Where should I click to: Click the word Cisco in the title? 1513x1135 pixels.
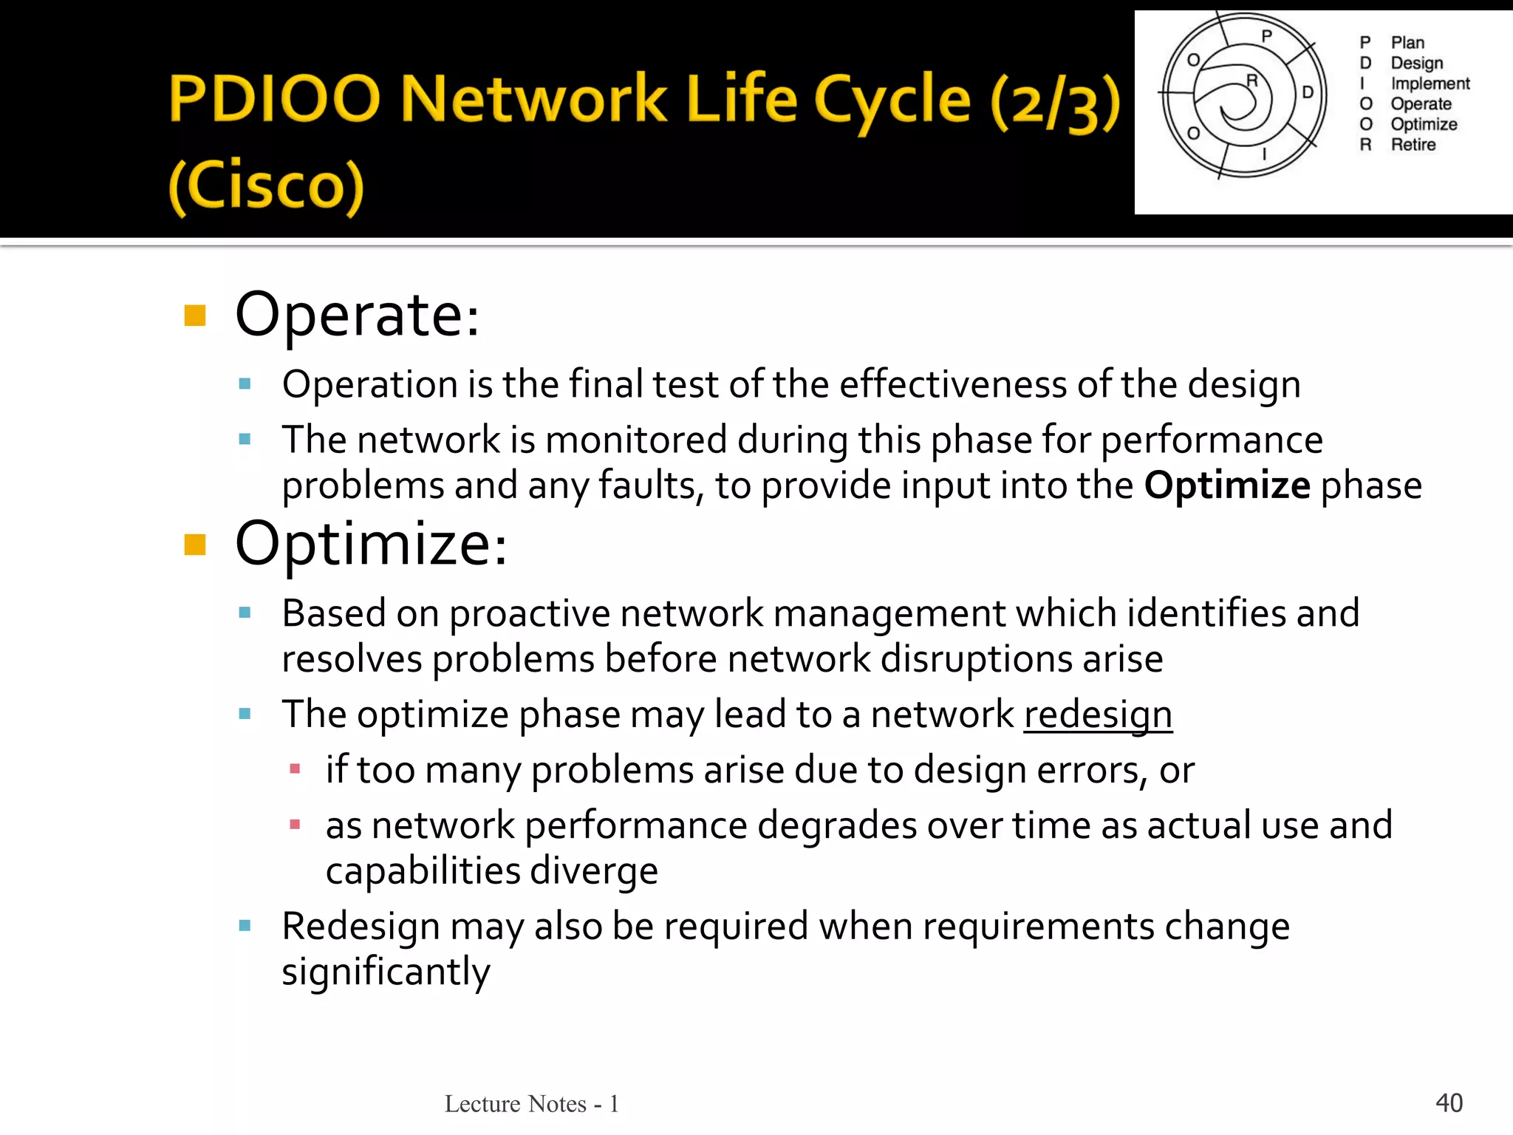point(267,185)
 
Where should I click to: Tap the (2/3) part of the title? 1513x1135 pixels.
point(1056,103)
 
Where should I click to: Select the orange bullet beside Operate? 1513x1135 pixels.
point(195,316)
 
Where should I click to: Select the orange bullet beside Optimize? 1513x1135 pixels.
point(195,545)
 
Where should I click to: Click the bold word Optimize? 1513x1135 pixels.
point(1227,485)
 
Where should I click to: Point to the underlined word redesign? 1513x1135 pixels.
point(1098,715)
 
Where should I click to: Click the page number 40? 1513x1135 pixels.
point(1449,1102)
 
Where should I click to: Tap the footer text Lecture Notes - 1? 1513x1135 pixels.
point(531,1103)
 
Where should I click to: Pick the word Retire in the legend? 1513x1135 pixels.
point(1413,145)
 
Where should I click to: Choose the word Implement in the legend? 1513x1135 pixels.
point(1430,83)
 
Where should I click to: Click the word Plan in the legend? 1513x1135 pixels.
point(1407,43)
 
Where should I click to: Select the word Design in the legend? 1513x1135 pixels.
point(1416,63)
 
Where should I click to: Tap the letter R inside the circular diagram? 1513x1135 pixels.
point(1251,80)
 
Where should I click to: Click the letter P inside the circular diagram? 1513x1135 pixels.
point(1266,35)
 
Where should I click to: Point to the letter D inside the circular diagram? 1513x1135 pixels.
point(1308,92)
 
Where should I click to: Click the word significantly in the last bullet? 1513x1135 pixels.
point(386,972)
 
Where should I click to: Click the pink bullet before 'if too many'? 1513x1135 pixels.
point(295,769)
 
